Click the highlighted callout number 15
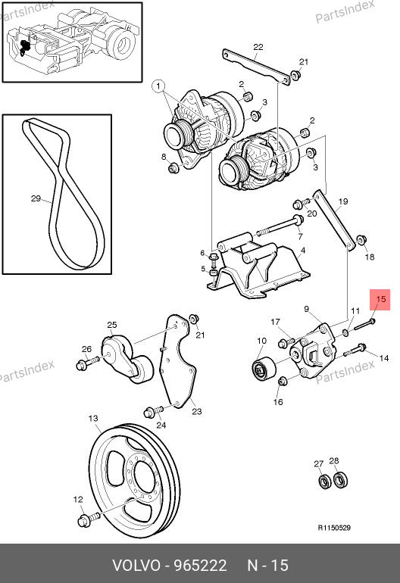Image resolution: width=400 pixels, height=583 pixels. tap(380, 299)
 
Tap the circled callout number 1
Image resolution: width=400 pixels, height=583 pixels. tap(158, 86)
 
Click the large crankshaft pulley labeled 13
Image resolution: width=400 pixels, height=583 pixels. tap(135, 475)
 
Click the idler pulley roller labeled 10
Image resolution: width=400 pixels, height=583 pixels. tap(264, 369)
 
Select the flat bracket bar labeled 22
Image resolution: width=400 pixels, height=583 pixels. tap(256, 67)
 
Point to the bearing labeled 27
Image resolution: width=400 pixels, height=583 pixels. tap(325, 482)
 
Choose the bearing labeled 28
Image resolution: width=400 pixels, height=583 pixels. tap(340, 479)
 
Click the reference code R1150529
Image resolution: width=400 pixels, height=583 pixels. tap(334, 528)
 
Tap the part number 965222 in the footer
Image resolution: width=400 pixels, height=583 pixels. tap(201, 566)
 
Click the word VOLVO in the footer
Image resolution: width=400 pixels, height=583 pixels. tap(136, 566)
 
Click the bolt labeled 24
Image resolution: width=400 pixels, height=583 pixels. tap(153, 411)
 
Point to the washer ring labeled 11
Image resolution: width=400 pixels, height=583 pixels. tap(345, 332)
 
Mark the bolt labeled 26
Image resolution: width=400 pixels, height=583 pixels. tap(88, 363)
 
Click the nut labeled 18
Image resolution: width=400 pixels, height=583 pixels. tap(361, 240)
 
